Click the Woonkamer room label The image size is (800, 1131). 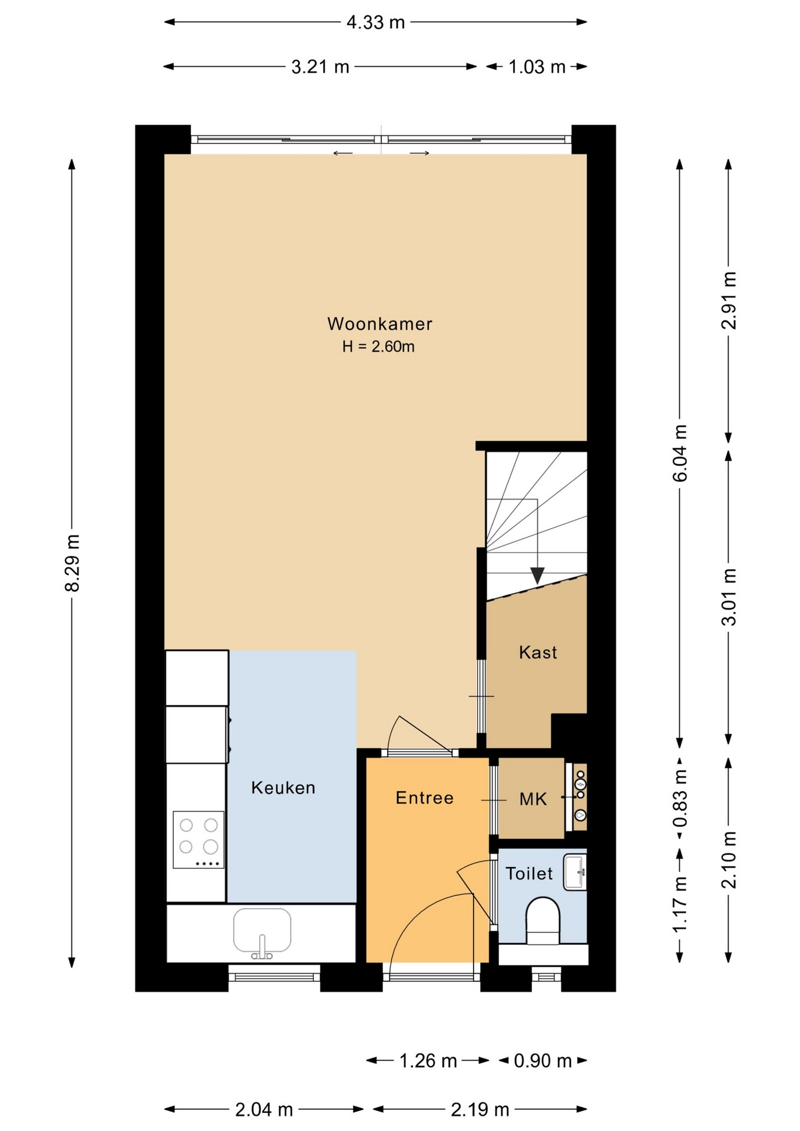pyautogui.click(x=379, y=324)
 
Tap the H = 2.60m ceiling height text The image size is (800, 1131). pyautogui.click(x=378, y=346)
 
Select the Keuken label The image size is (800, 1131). pyautogui.click(x=283, y=788)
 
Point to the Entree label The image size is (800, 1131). pyautogui.click(x=425, y=798)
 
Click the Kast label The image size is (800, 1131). pyautogui.click(x=538, y=652)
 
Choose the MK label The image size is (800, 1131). pyautogui.click(x=533, y=799)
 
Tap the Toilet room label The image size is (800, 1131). pyautogui.click(x=529, y=873)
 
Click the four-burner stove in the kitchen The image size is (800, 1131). pyautogui.click(x=199, y=839)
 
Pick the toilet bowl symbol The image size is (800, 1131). pyautogui.click(x=543, y=920)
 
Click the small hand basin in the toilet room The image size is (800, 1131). pyautogui.click(x=575, y=872)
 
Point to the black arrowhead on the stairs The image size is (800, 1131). pyautogui.click(x=537, y=576)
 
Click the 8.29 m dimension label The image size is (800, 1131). pyautogui.click(x=72, y=563)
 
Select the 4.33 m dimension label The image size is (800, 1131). pyautogui.click(x=376, y=22)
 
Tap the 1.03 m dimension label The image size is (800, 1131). pyautogui.click(x=537, y=67)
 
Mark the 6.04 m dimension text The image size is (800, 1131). pyautogui.click(x=680, y=453)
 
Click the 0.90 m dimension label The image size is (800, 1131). pyautogui.click(x=543, y=1061)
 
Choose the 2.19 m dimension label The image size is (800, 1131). pyautogui.click(x=480, y=1110)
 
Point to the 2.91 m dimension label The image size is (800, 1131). pyautogui.click(x=729, y=300)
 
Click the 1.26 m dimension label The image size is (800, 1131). pyautogui.click(x=428, y=1061)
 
